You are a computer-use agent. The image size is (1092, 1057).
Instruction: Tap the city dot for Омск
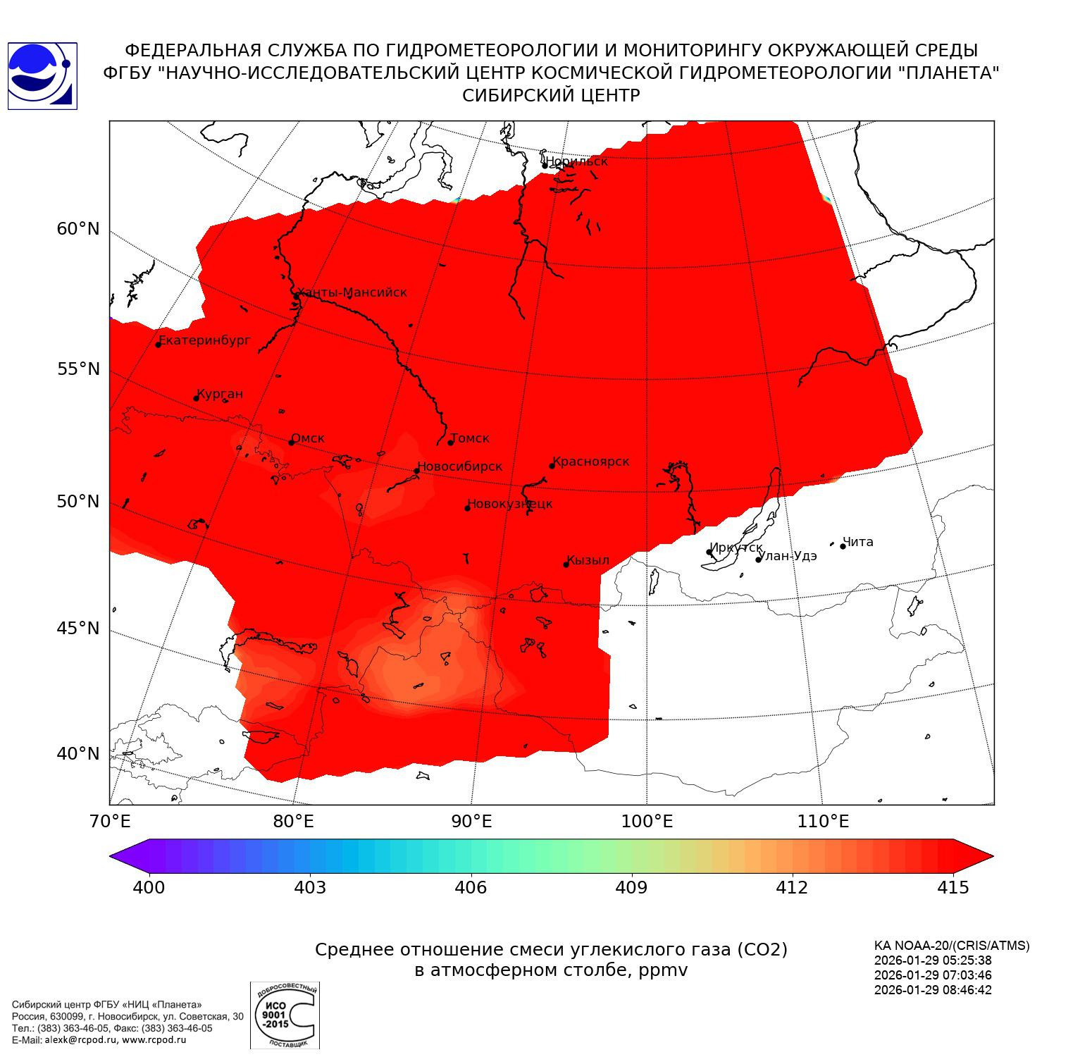(291, 443)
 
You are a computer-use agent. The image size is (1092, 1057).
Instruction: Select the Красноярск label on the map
(591, 462)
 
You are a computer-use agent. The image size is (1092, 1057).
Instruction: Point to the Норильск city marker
(545, 166)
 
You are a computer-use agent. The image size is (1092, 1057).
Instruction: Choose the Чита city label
(858, 542)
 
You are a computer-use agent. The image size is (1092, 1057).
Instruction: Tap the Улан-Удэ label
(788, 556)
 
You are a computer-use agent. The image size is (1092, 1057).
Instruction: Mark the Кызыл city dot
(566, 564)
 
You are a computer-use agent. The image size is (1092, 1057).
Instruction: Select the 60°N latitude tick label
(78, 229)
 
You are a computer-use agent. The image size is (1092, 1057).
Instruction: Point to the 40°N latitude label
(78, 754)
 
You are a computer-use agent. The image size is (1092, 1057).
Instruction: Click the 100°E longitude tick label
(647, 821)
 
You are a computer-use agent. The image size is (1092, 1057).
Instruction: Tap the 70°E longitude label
(110, 821)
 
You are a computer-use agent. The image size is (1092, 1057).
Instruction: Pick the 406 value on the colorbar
(471, 888)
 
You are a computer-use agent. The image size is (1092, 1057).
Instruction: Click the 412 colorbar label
(792, 888)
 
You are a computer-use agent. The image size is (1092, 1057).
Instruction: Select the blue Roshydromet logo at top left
(42, 76)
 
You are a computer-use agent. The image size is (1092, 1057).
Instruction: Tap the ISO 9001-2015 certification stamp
(285, 1015)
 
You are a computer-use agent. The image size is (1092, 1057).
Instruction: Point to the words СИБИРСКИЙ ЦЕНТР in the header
(551, 96)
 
